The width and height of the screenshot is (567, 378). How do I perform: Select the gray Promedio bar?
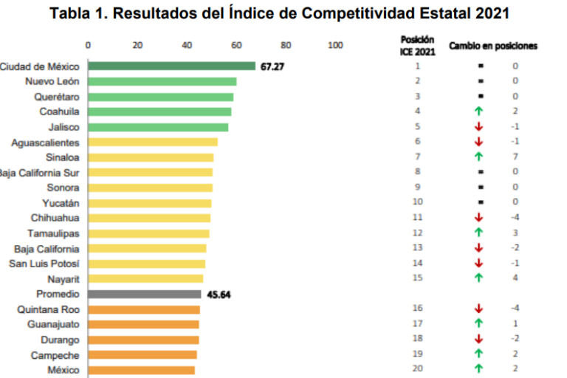[x=145, y=294]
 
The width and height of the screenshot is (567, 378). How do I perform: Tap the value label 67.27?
[x=271, y=66]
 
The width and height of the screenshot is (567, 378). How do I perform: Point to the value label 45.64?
[x=218, y=294]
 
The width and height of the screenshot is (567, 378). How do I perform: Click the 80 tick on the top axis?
[x=286, y=45]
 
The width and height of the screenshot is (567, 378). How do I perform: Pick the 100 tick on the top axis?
[x=335, y=45]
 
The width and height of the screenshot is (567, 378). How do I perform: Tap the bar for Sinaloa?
[x=151, y=157]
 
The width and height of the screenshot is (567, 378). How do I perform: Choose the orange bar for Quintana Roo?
[x=145, y=309]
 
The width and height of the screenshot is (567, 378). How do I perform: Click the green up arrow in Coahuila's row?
[x=479, y=111]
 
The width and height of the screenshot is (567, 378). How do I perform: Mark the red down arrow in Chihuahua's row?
[x=479, y=218]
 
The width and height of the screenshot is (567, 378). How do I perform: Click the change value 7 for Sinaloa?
[x=515, y=157]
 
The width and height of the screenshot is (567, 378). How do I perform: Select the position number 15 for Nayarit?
[x=417, y=278]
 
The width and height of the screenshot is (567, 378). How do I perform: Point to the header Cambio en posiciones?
[x=493, y=46]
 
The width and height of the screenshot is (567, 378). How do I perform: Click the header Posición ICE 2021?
[x=417, y=46]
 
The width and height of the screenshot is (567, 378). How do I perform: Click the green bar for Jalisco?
[x=159, y=127]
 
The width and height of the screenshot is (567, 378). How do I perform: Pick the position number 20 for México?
[x=417, y=368]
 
